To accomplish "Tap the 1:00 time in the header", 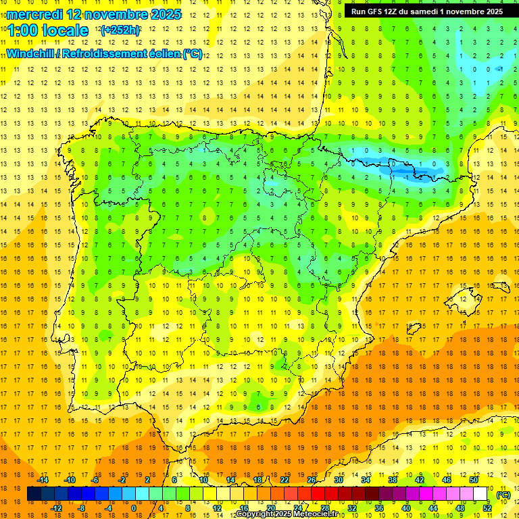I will (25, 30).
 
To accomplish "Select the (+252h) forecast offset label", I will (120, 30).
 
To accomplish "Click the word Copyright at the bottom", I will (257, 514).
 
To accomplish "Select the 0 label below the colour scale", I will (134, 508).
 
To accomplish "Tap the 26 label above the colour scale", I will (312, 480).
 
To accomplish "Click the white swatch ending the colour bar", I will (480, 494).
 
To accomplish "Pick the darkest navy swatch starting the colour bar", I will (34, 494).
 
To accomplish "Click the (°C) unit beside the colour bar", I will (503, 495).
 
